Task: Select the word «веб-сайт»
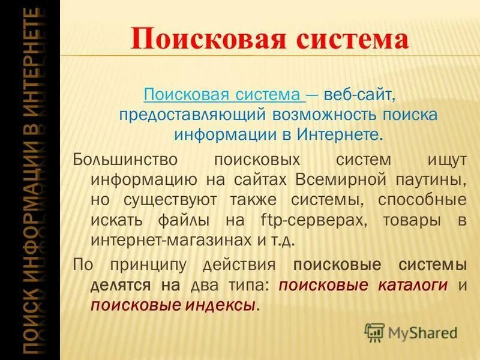[359, 95]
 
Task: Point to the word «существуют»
[175, 200]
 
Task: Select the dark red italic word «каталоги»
[413, 285]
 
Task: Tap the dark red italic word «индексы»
[218, 305]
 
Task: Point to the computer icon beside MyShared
[374, 331]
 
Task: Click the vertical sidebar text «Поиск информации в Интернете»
[29, 180]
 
